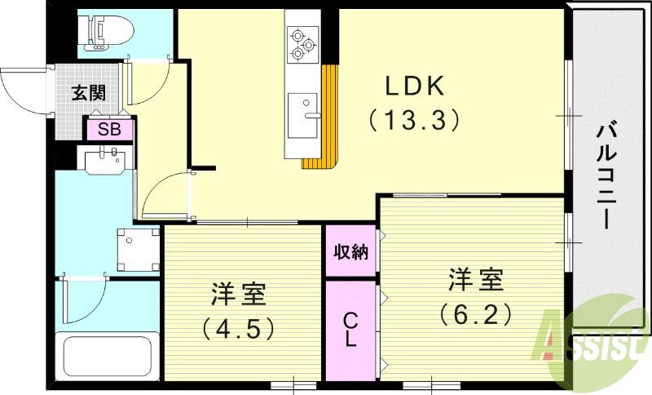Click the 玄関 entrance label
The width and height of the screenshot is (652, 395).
click(88, 91)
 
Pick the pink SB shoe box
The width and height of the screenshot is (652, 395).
click(109, 129)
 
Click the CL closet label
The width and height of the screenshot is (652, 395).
click(350, 331)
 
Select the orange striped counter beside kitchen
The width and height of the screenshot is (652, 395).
click(327, 118)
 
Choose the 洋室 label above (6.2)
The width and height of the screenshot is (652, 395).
click(476, 279)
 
